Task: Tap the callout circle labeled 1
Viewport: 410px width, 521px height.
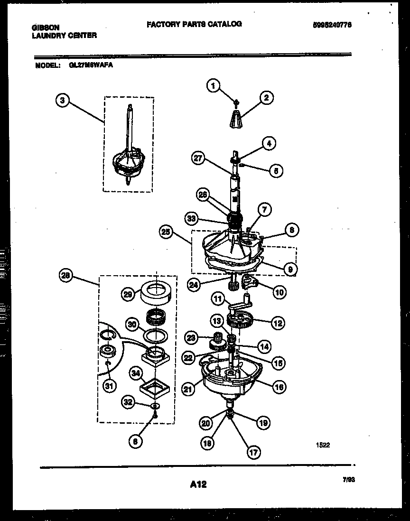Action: pos(214,86)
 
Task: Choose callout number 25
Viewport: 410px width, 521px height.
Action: pos(166,233)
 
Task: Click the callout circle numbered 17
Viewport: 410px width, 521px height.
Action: pos(253,452)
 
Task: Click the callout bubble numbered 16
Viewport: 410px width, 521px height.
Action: pos(280,387)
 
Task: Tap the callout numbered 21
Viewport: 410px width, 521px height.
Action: pos(188,390)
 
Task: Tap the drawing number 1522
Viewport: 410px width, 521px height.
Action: pos(323,445)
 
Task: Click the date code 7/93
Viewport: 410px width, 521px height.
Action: pos(349,480)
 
